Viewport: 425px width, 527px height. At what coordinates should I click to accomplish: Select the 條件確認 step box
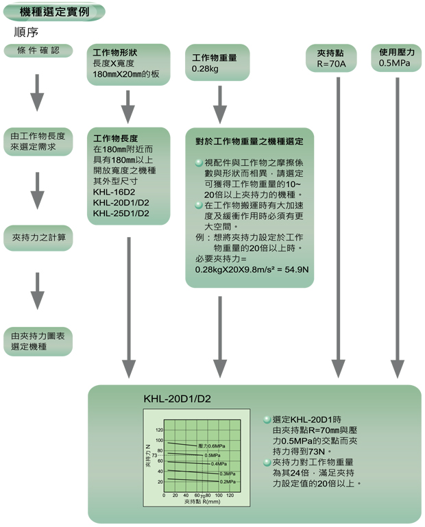(x=38, y=51)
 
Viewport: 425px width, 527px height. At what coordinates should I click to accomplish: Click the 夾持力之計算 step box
(x=38, y=238)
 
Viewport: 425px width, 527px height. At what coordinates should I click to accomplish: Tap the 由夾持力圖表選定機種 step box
(x=38, y=341)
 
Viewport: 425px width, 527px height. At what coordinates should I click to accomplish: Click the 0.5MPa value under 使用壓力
(x=396, y=64)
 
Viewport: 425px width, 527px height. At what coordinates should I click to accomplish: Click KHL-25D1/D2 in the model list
(x=121, y=213)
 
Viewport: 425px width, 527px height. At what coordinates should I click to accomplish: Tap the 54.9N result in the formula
(x=293, y=269)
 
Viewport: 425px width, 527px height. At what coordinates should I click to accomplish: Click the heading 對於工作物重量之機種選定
(x=250, y=142)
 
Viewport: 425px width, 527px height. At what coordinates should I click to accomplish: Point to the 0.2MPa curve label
(x=228, y=481)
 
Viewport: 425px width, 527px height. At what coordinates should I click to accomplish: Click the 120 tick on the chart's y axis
(x=159, y=429)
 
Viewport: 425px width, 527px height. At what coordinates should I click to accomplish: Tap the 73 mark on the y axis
(x=156, y=455)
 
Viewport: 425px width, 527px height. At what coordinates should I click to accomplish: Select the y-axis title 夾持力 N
(x=148, y=456)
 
